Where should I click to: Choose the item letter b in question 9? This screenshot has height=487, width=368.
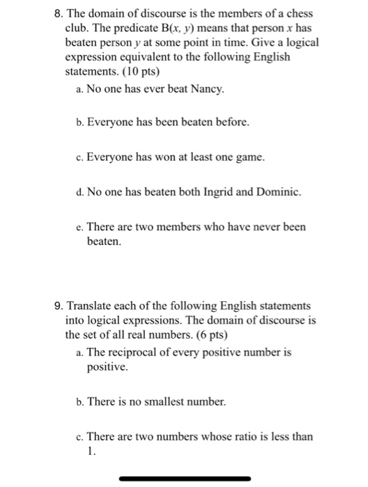click(81, 402)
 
